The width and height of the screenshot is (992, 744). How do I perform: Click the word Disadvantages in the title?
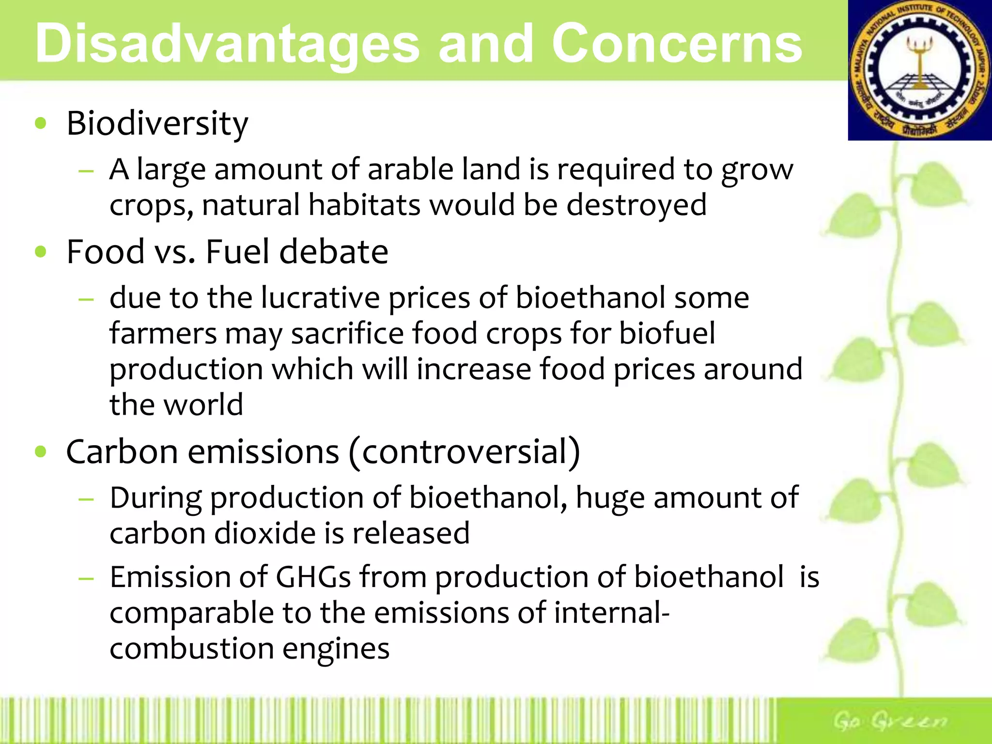[227, 45]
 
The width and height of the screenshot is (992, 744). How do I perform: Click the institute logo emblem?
[919, 71]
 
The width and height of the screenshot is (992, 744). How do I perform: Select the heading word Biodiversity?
[157, 124]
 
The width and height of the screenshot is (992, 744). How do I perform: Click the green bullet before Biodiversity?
[41, 124]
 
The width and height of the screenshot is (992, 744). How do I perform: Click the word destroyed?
[636, 205]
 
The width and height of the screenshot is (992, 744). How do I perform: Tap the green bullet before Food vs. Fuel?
[41, 252]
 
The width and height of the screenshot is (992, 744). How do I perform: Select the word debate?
[334, 252]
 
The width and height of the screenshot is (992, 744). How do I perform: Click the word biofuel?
[667, 334]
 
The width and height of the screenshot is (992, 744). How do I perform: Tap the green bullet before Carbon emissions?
[41, 452]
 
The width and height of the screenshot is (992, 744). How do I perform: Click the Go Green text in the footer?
[889, 721]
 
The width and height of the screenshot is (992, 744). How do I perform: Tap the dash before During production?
[86, 498]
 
